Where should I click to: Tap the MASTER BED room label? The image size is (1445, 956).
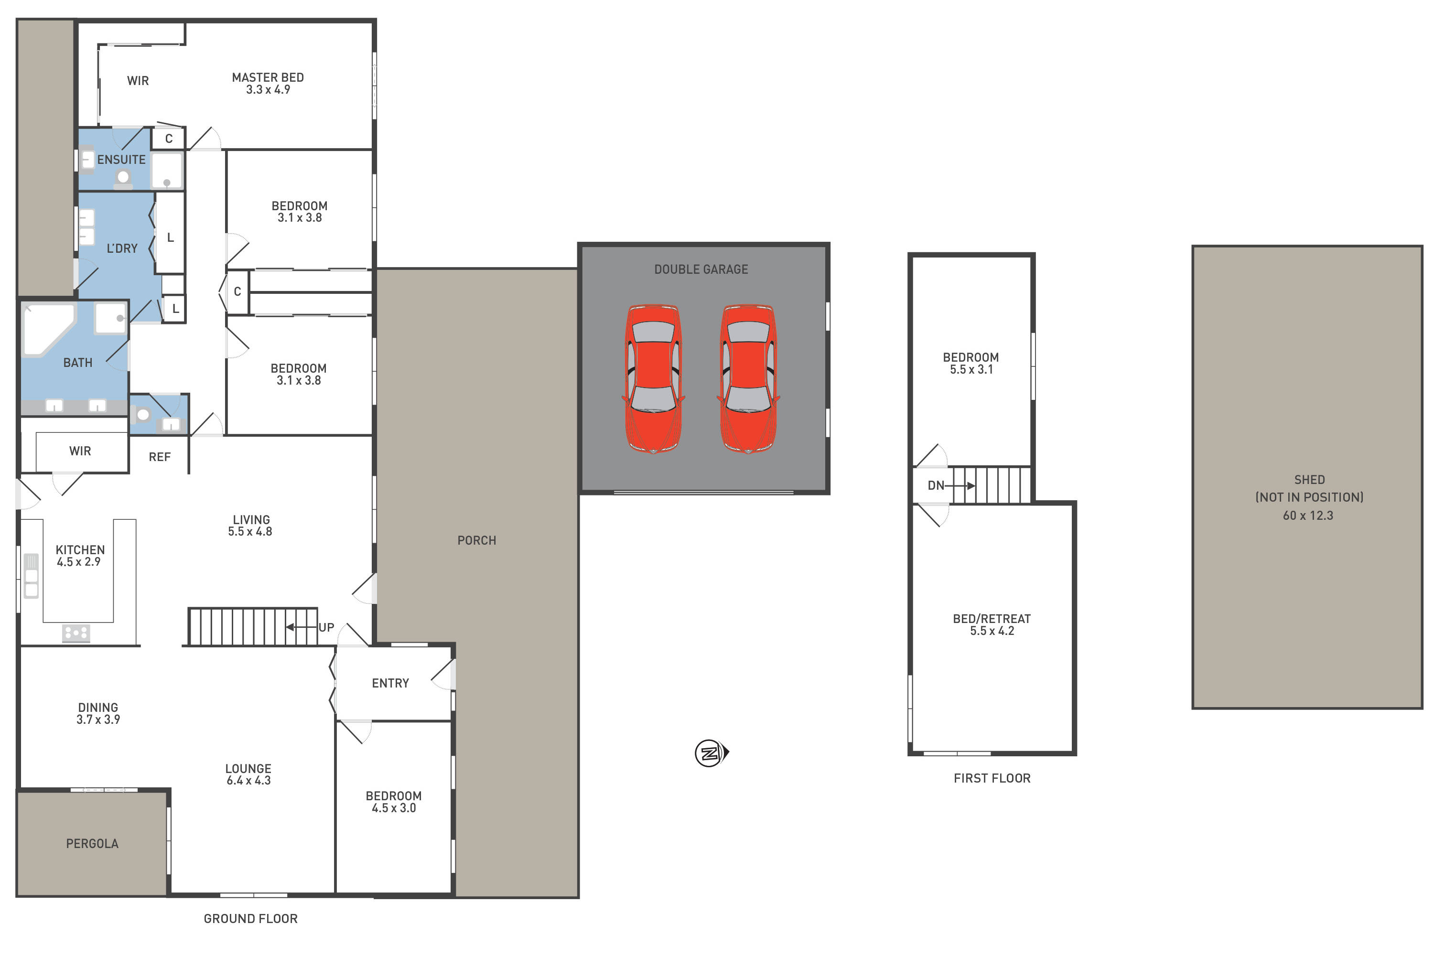pos(268,77)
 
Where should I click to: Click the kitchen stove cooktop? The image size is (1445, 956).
pos(76,633)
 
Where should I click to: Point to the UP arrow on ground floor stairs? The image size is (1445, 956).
pos(299,627)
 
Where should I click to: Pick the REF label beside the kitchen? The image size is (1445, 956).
pos(160,457)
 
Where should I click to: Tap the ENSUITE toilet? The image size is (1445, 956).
pos(123,179)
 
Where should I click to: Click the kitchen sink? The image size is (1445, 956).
pos(31,576)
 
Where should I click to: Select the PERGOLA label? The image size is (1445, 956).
pos(92,844)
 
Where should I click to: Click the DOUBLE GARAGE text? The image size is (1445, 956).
pos(701,269)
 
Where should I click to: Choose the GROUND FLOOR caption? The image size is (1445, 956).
pos(250,919)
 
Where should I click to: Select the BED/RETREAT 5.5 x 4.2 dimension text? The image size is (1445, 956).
pos(992,631)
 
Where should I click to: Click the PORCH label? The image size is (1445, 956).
pos(477,541)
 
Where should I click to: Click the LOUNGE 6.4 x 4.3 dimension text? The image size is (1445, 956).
pos(249,780)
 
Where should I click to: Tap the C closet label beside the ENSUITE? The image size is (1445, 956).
pos(169,139)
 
